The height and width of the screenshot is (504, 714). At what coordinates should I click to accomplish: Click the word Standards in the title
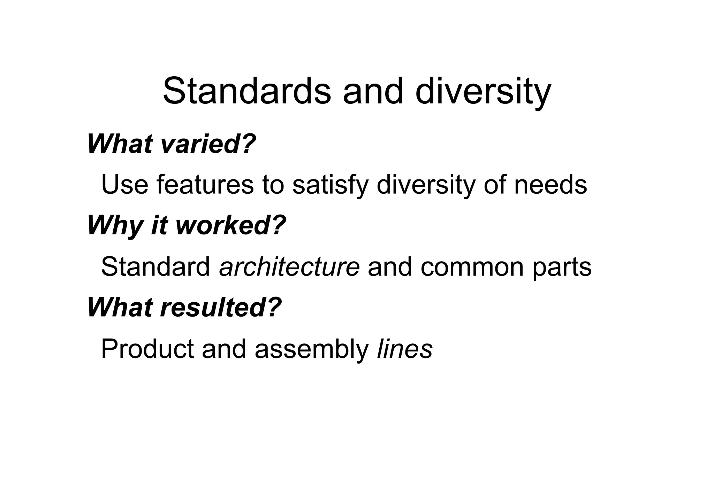(x=246, y=91)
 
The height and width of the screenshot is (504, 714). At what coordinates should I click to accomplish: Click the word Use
(x=125, y=184)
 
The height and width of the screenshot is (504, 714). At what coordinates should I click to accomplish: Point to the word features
(x=205, y=184)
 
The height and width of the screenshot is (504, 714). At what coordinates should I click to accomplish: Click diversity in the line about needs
(x=426, y=184)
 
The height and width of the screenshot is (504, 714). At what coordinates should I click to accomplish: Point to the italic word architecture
(x=289, y=266)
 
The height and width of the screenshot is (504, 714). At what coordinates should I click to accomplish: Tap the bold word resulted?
(x=221, y=307)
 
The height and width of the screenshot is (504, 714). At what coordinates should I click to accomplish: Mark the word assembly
(x=312, y=349)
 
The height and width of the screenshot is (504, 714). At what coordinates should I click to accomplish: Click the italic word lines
(x=405, y=349)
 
